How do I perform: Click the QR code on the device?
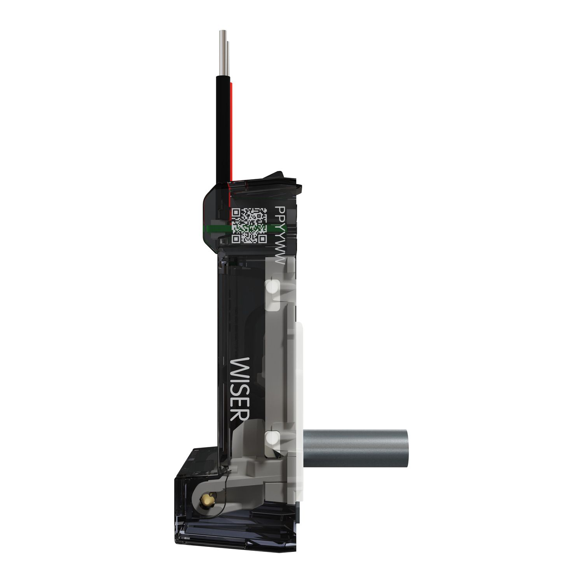pos(249,226)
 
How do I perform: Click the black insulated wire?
pos(223,128)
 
